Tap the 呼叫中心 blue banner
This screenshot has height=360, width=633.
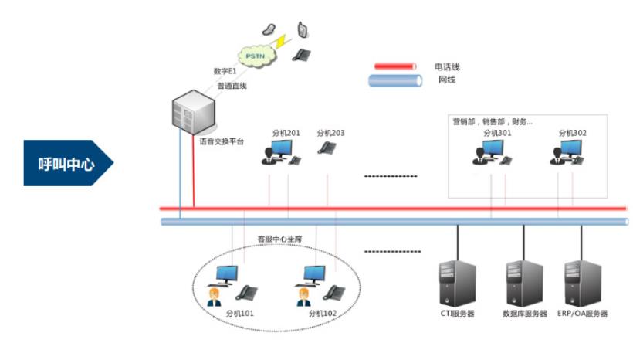(68, 163)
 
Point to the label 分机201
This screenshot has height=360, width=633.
(286, 133)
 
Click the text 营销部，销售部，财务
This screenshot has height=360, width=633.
(493, 121)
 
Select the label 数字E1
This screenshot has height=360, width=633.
(225, 71)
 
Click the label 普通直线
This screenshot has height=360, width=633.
(232, 86)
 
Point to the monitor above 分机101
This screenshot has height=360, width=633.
(227, 274)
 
